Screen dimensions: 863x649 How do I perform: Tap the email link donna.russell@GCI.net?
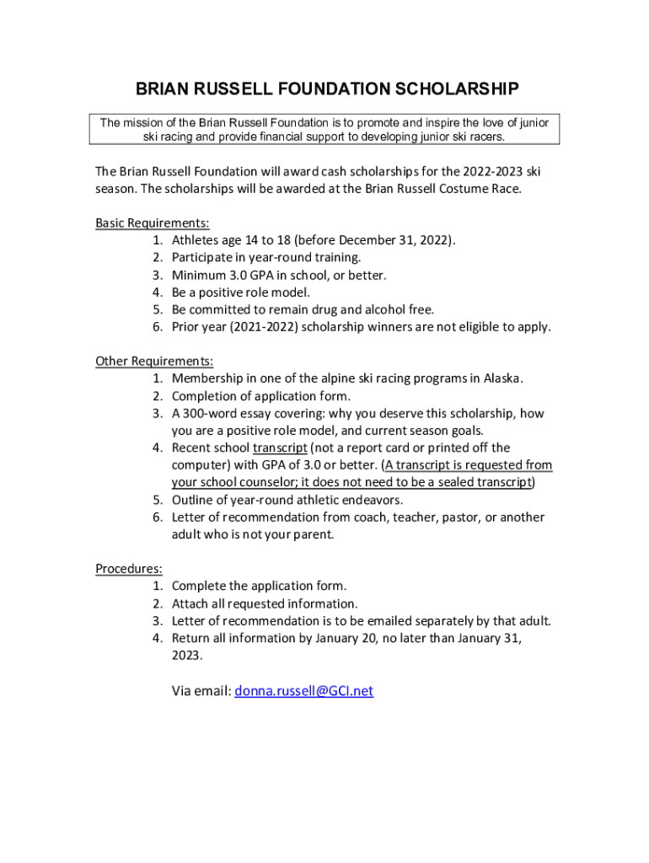point(303,691)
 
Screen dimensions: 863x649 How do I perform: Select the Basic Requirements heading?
point(152,223)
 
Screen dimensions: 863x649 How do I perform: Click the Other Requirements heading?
point(154,362)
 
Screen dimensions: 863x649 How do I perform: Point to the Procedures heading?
point(129,569)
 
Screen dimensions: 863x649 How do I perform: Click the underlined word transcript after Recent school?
point(280,448)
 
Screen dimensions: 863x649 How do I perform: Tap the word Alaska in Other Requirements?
point(502,378)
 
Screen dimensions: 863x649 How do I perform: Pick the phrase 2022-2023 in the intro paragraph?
point(473,172)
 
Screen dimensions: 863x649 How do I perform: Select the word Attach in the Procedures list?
point(190,603)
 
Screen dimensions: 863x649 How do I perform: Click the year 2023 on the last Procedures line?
point(186,655)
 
